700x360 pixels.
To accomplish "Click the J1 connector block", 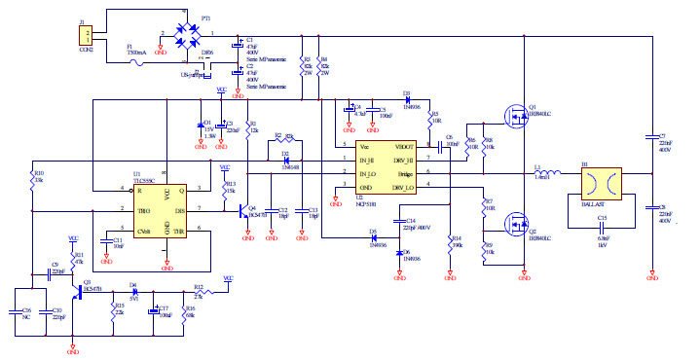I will click(x=84, y=35).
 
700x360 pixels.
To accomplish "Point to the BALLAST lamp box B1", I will click(x=598, y=184).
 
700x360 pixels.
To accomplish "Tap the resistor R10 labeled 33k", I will click(x=32, y=181).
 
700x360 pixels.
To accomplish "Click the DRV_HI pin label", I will click(x=403, y=160).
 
